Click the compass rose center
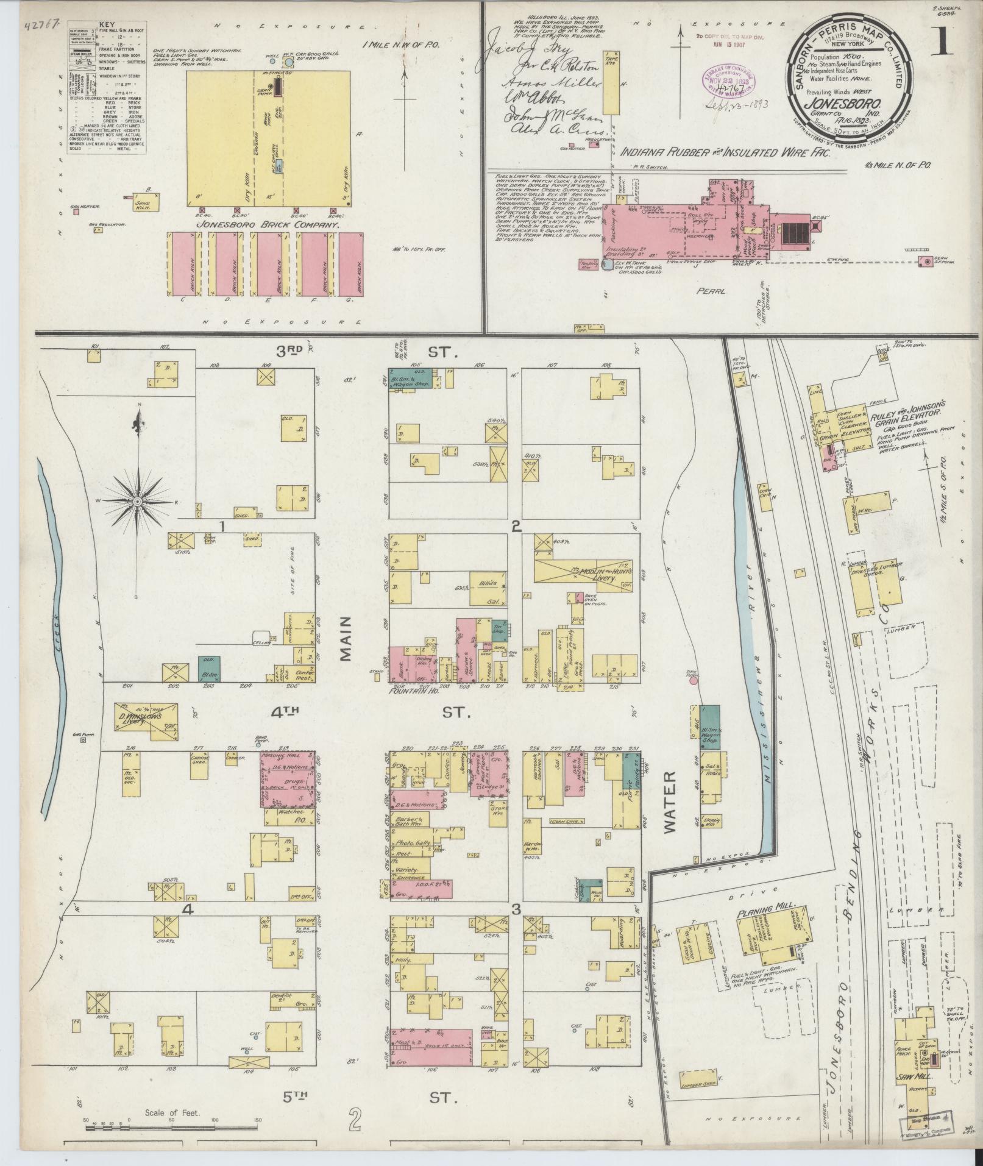click(x=137, y=501)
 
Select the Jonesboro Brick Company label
click(x=266, y=225)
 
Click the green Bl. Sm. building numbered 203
click(x=208, y=669)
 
